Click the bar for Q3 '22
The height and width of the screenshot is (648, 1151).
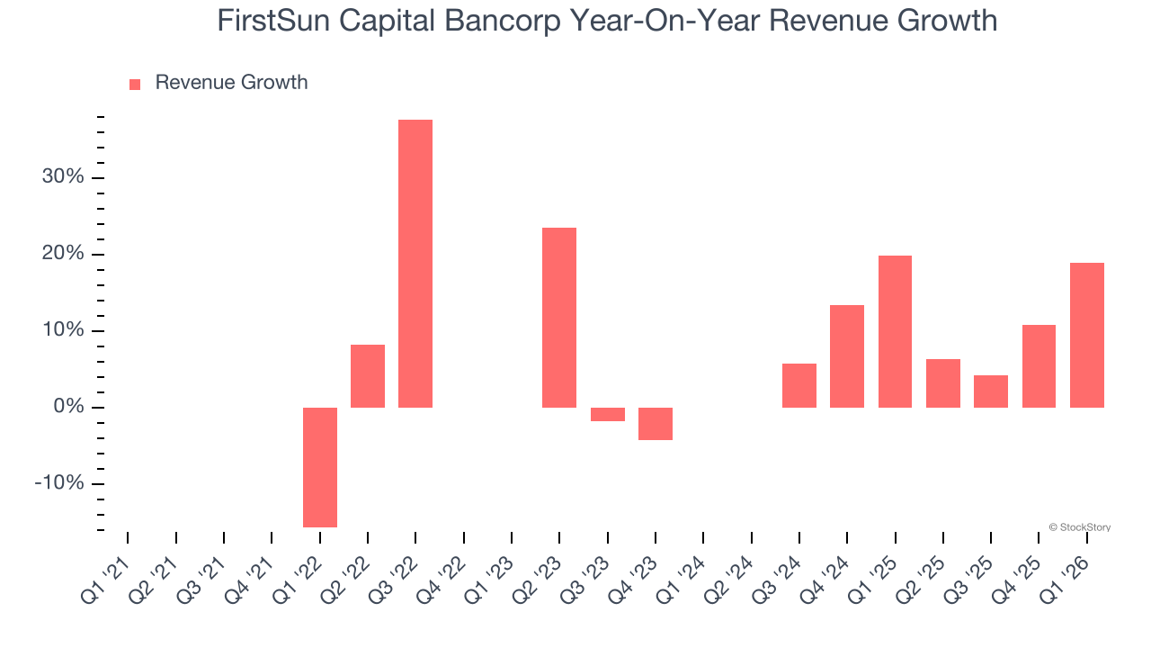pos(415,264)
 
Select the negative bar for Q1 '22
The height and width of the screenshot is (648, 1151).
pos(320,467)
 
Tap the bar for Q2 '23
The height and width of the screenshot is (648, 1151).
pos(559,318)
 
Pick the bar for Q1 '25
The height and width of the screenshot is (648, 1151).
pos(895,331)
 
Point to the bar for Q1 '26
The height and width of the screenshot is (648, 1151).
pos(1086,335)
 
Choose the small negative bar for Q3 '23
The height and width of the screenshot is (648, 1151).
pos(607,414)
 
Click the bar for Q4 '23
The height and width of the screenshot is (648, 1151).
pos(656,424)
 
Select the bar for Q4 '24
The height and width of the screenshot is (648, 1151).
pos(847,356)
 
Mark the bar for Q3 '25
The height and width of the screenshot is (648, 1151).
pos(991,391)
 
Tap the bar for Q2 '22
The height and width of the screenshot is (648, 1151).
pos(368,376)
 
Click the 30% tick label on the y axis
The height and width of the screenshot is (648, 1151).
pos(63,177)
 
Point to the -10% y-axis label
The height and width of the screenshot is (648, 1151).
pos(59,484)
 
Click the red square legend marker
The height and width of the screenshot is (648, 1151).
pos(135,85)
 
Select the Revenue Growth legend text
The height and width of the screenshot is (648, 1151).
pos(231,83)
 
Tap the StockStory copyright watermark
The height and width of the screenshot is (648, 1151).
pos(1079,527)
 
